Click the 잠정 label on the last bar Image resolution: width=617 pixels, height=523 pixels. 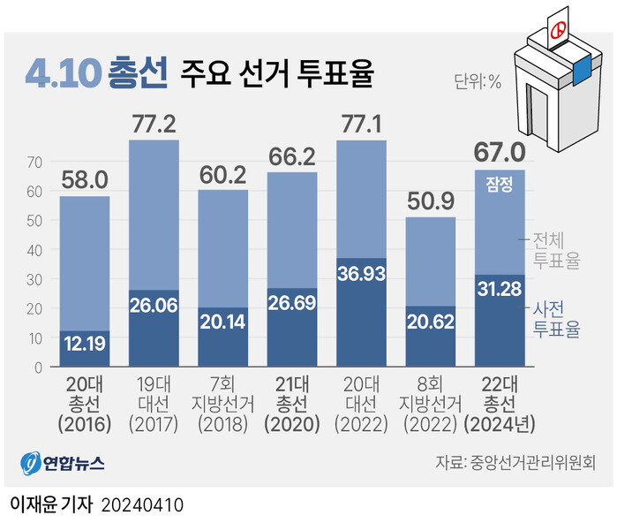click(500, 184)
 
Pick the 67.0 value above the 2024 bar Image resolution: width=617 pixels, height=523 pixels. click(500, 152)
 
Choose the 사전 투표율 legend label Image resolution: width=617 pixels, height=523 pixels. click(556, 320)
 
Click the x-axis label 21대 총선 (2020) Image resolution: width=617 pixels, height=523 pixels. click(292, 404)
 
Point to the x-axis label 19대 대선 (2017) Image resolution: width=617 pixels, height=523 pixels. click(154, 404)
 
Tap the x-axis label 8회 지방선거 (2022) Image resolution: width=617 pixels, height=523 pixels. click(431, 404)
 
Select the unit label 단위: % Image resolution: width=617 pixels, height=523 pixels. click(478, 83)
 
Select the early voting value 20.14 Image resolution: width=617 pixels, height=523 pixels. click(223, 322)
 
